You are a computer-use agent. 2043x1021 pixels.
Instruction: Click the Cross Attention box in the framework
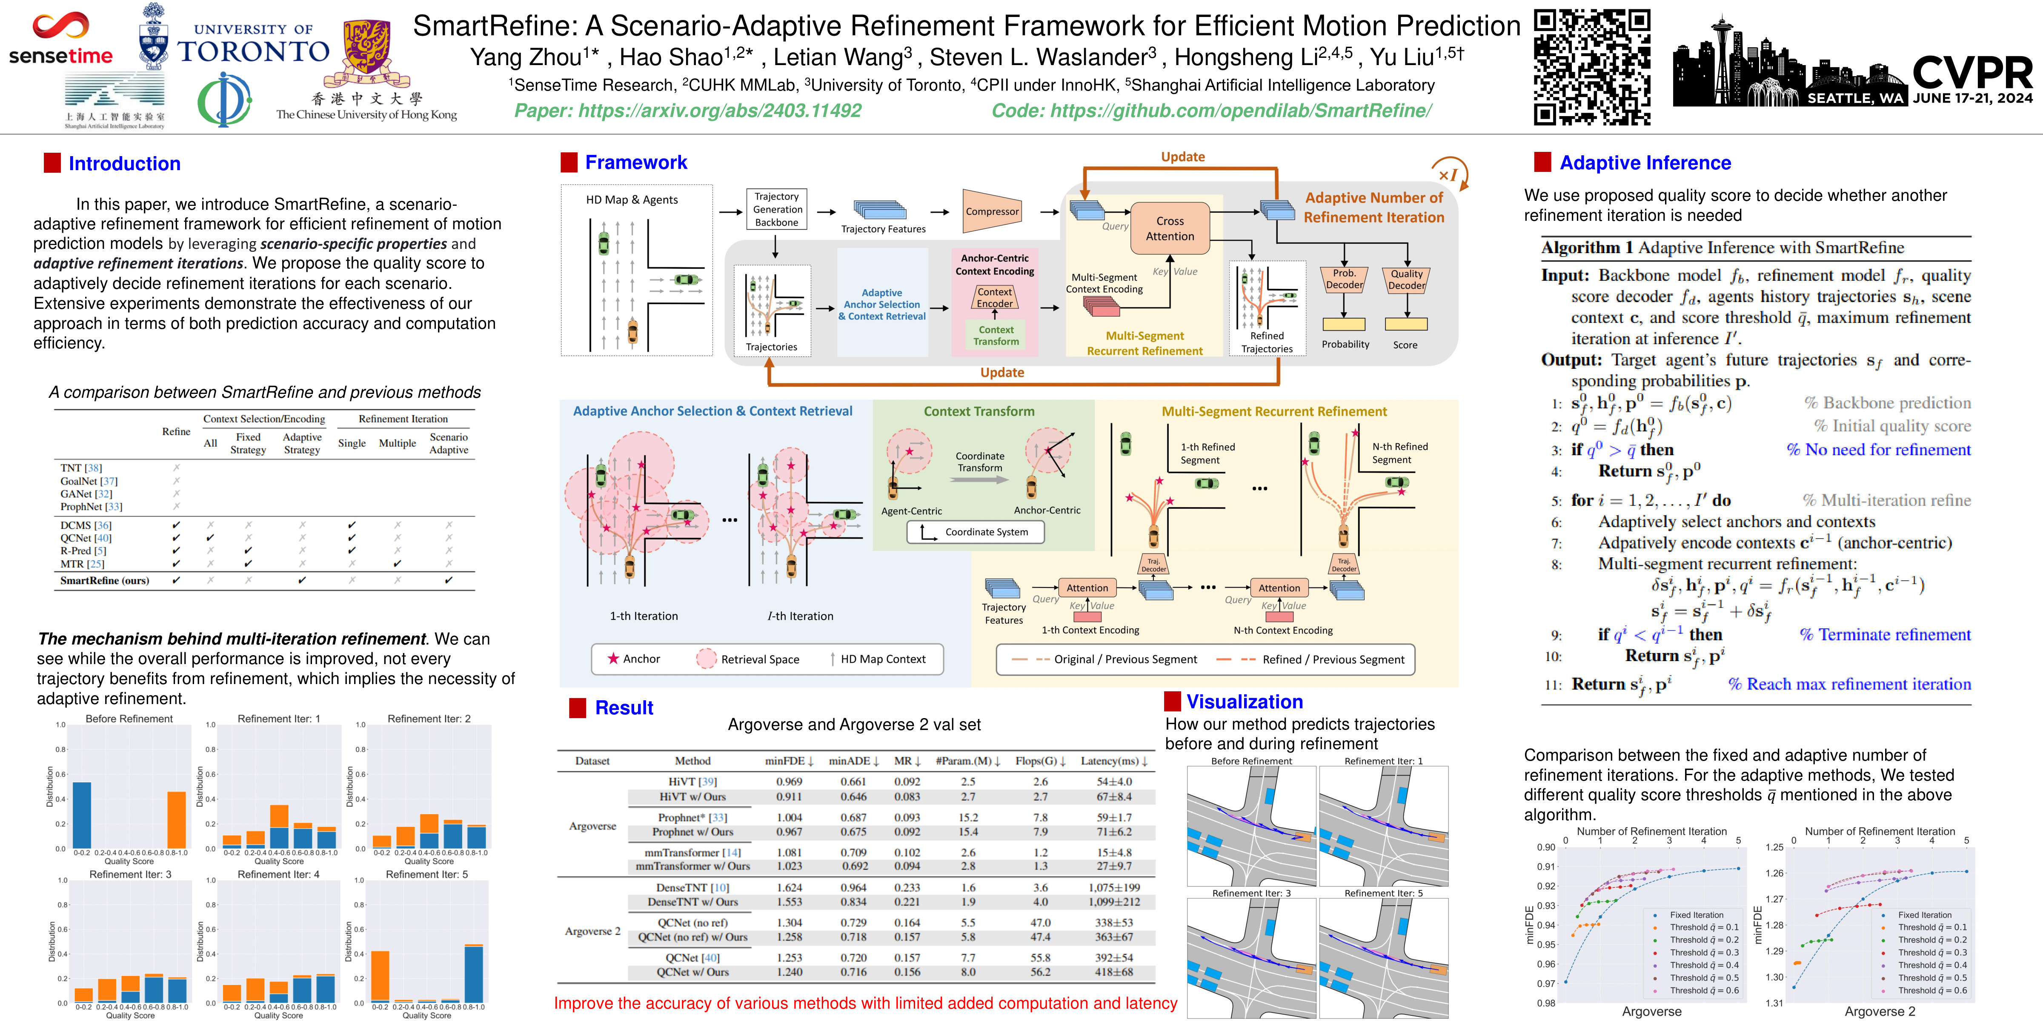point(1170,228)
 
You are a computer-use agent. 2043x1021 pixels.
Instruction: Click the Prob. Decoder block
point(1344,279)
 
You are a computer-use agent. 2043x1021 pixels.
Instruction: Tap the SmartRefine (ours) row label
point(104,580)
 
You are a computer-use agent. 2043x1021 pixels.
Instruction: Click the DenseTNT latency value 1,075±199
point(1113,888)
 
